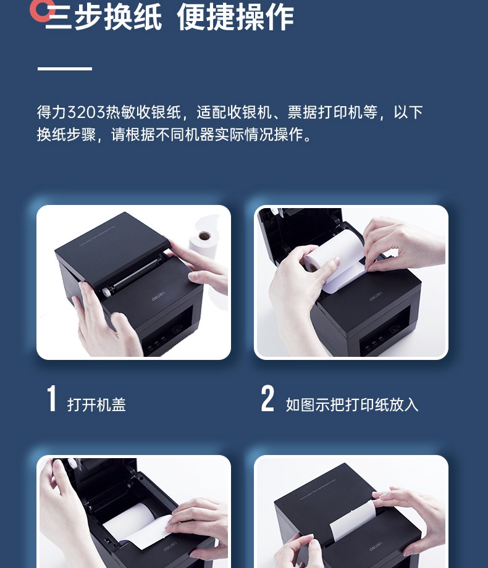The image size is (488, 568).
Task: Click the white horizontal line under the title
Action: pos(64,68)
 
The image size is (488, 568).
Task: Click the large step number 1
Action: pos(51,398)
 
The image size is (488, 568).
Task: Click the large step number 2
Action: pos(267,398)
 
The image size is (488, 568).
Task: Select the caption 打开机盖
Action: pos(96,404)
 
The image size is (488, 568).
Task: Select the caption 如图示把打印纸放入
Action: pos(351,404)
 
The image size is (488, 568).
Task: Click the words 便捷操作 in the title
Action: pos(235,17)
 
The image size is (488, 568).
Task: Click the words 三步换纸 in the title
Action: pos(103,17)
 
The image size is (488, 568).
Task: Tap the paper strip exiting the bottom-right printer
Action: pos(351,520)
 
